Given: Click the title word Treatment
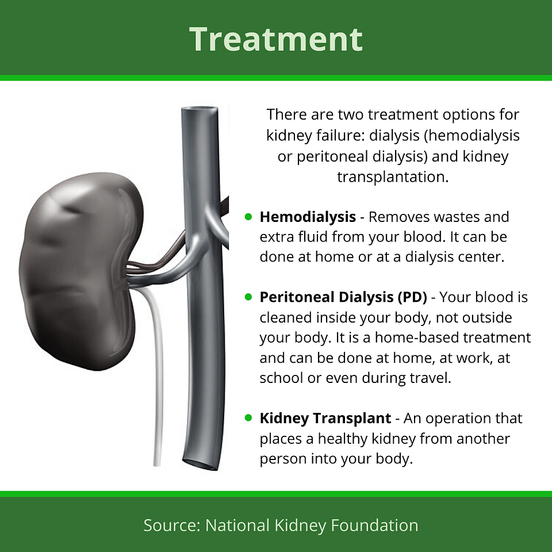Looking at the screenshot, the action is click(x=275, y=39).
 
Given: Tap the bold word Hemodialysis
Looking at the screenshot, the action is click(x=308, y=217).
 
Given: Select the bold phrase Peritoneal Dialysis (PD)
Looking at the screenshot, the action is click(x=343, y=297).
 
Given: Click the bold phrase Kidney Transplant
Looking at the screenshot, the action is click(x=325, y=418).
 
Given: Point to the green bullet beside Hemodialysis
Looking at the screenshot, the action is click(x=248, y=217).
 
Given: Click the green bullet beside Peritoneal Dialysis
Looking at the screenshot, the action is click(x=248, y=297).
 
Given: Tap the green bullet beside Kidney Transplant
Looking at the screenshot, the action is click(x=248, y=417).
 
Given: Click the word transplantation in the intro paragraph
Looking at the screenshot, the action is click(x=393, y=177).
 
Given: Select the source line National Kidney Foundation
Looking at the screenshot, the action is click(x=312, y=525).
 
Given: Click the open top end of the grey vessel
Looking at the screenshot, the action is click(x=200, y=110).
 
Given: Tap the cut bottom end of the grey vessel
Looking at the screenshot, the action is click(x=201, y=464).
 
